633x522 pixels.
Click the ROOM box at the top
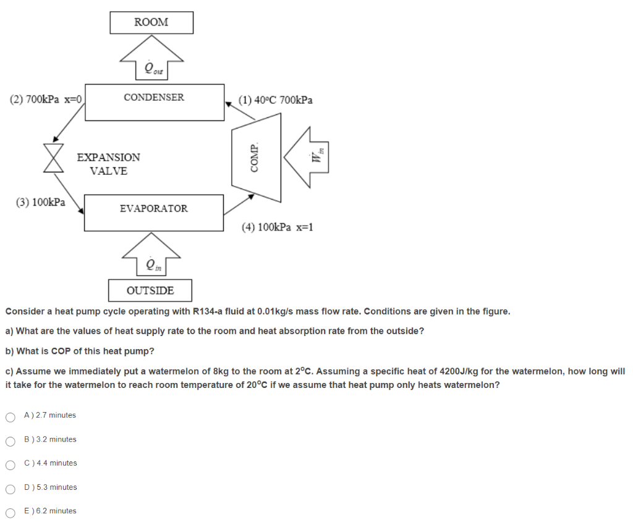coord(151,22)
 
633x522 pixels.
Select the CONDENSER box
coord(154,102)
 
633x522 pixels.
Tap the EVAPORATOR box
coord(154,213)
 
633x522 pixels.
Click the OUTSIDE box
coord(150,290)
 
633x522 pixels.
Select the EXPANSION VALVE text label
coord(109,164)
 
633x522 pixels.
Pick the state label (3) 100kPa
coord(41,202)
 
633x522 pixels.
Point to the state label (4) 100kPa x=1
coord(278,227)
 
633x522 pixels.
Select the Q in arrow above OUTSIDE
coord(151,256)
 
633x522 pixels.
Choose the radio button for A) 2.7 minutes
coord(10,416)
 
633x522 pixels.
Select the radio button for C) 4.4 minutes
coord(10,464)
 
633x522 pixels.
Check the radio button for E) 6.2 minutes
coord(10,512)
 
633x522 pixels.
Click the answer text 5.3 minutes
coord(56,487)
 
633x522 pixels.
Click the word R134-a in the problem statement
coord(215,311)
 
